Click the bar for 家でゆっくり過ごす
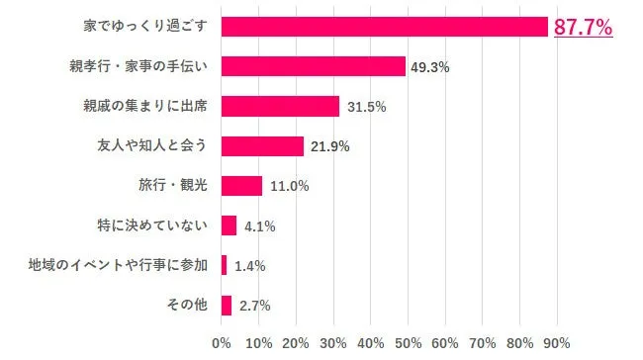(384, 27)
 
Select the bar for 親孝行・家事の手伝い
(313, 66)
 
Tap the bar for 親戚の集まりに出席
(280, 106)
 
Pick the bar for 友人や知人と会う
(262, 146)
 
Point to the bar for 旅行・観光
(241, 186)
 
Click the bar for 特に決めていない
(229, 225)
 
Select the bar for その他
(227, 305)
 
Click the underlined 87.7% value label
(583, 27)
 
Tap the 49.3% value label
(431, 67)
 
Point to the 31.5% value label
(365, 107)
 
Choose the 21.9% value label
(329, 146)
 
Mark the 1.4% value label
(249, 266)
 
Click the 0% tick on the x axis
(222, 343)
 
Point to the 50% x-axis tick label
(408, 343)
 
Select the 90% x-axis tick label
(556, 343)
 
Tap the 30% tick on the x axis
(333, 343)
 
